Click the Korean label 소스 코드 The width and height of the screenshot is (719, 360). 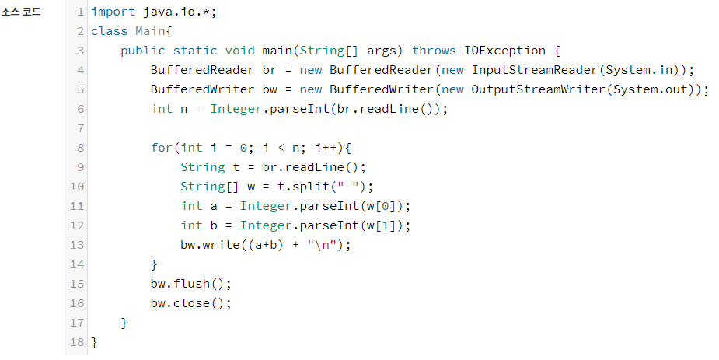[21, 12]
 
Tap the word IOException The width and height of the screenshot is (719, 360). [505, 51]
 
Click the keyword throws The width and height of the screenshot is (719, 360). [435, 51]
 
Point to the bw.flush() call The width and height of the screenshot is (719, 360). [191, 284]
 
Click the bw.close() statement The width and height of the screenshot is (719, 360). [191, 303]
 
